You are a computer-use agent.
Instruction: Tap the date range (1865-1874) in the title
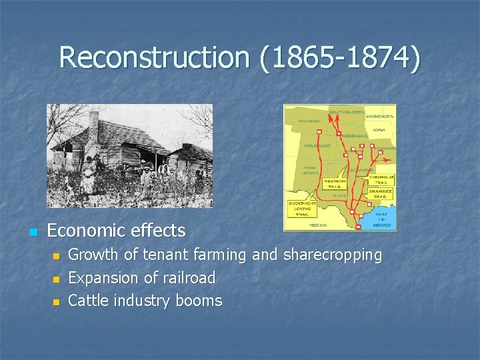(x=339, y=57)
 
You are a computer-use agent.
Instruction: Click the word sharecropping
(x=333, y=255)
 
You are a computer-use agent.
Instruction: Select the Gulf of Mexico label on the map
(x=383, y=220)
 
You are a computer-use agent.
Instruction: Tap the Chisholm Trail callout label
(x=382, y=179)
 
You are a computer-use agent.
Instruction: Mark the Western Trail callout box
(x=335, y=182)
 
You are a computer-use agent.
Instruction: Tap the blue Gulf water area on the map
(x=385, y=213)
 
